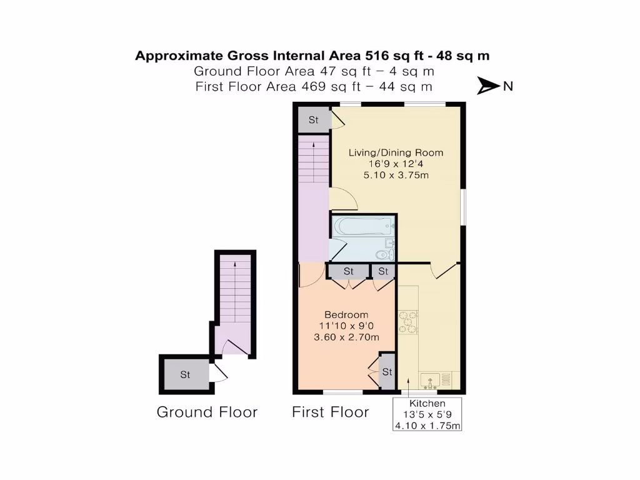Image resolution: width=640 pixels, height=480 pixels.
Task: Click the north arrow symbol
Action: pyautogui.click(x=488, y=86)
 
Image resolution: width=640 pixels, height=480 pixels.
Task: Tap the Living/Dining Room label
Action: pyautogui.click(x=396, y=152)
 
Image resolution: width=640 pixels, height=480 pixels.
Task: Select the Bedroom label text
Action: pyautogui.click(x=346, y=314)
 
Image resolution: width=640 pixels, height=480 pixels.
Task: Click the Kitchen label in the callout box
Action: pyautogui.click(x=427, y=404)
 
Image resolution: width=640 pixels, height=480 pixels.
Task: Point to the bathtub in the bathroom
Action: pyautogui.click(x=363, y=226)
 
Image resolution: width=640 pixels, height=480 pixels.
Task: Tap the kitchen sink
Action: pyautogui.click(x=431, y=379)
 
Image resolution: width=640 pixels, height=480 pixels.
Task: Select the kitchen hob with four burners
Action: pyautogui.click(x=409, y=323)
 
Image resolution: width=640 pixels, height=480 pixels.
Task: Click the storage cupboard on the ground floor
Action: pyautogui.click(x=186, y=375)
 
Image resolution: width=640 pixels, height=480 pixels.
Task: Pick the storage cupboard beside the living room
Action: pyautogui.click(x=313, y=120)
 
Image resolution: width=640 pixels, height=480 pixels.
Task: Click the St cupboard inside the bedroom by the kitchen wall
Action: pyautogui.click(x=387, y=372)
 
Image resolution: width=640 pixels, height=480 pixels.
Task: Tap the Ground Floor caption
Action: pyautogui.click(x=207, y=412)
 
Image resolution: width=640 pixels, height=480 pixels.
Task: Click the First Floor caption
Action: pyautogui.click(x=330, y=412)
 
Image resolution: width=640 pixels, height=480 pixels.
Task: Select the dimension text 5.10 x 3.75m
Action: pyautogui.click(x=396, y=175)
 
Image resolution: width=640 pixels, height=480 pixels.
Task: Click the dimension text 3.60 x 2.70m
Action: pyautogui.click(x=346, y=337)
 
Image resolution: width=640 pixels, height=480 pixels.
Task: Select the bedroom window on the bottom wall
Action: pyautogui.click(x=342, y=392)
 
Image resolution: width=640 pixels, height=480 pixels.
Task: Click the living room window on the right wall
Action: pyautogui.click(x=463, y=206)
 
